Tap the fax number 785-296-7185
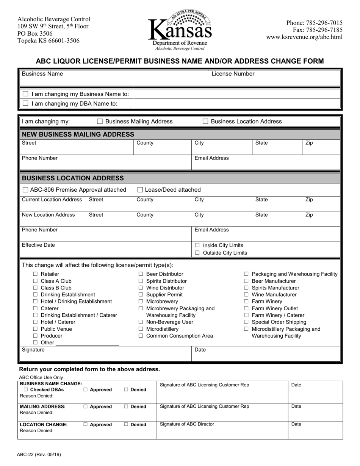click(318, 30)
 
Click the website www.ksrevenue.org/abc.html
click(304, 37)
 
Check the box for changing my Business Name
click(26, 94)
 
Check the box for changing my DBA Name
click(26, 103)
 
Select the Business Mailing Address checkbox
click(100, 122)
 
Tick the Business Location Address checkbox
click(205, 122)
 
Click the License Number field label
click(233, 74)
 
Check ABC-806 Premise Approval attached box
click(25, 190)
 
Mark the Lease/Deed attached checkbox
click(140, 190)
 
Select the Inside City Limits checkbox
click(197, 246)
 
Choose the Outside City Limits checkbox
click(197, 253)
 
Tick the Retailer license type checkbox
click(35, 274)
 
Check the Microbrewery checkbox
click(141, 302)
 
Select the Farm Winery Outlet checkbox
click(246, 308)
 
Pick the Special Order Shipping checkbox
click(246, 322)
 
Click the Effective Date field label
click(38, 245)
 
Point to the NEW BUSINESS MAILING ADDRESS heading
click(78, 134)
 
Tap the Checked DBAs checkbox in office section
click(25, 390)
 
